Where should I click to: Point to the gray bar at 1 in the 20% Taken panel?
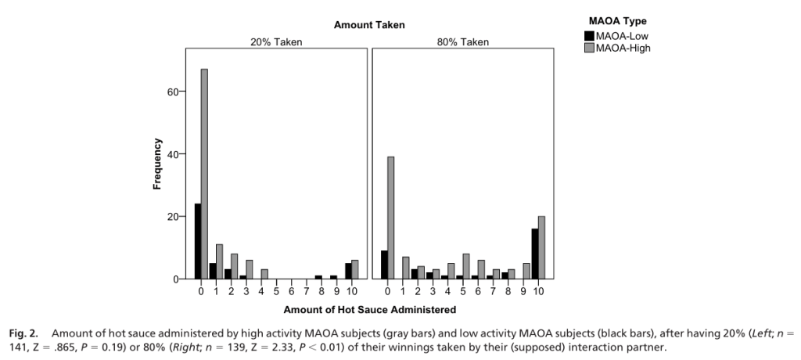[x=219, y=261]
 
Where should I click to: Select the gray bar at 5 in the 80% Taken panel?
[x=465, y=266]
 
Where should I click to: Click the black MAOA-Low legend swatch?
[x=589, y=36]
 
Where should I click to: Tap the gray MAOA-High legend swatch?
[x=589, y=48]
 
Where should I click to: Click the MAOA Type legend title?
[x=618, y=21]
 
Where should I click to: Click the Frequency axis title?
[x=157, y=164]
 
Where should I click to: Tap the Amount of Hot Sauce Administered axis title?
[x=369, y=310]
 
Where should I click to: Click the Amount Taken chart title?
[x=369, y=25]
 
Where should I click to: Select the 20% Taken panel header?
[x=275, y=42]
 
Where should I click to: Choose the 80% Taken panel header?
[x=462, y=42]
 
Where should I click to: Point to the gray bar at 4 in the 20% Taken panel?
[x=264, y=274]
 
